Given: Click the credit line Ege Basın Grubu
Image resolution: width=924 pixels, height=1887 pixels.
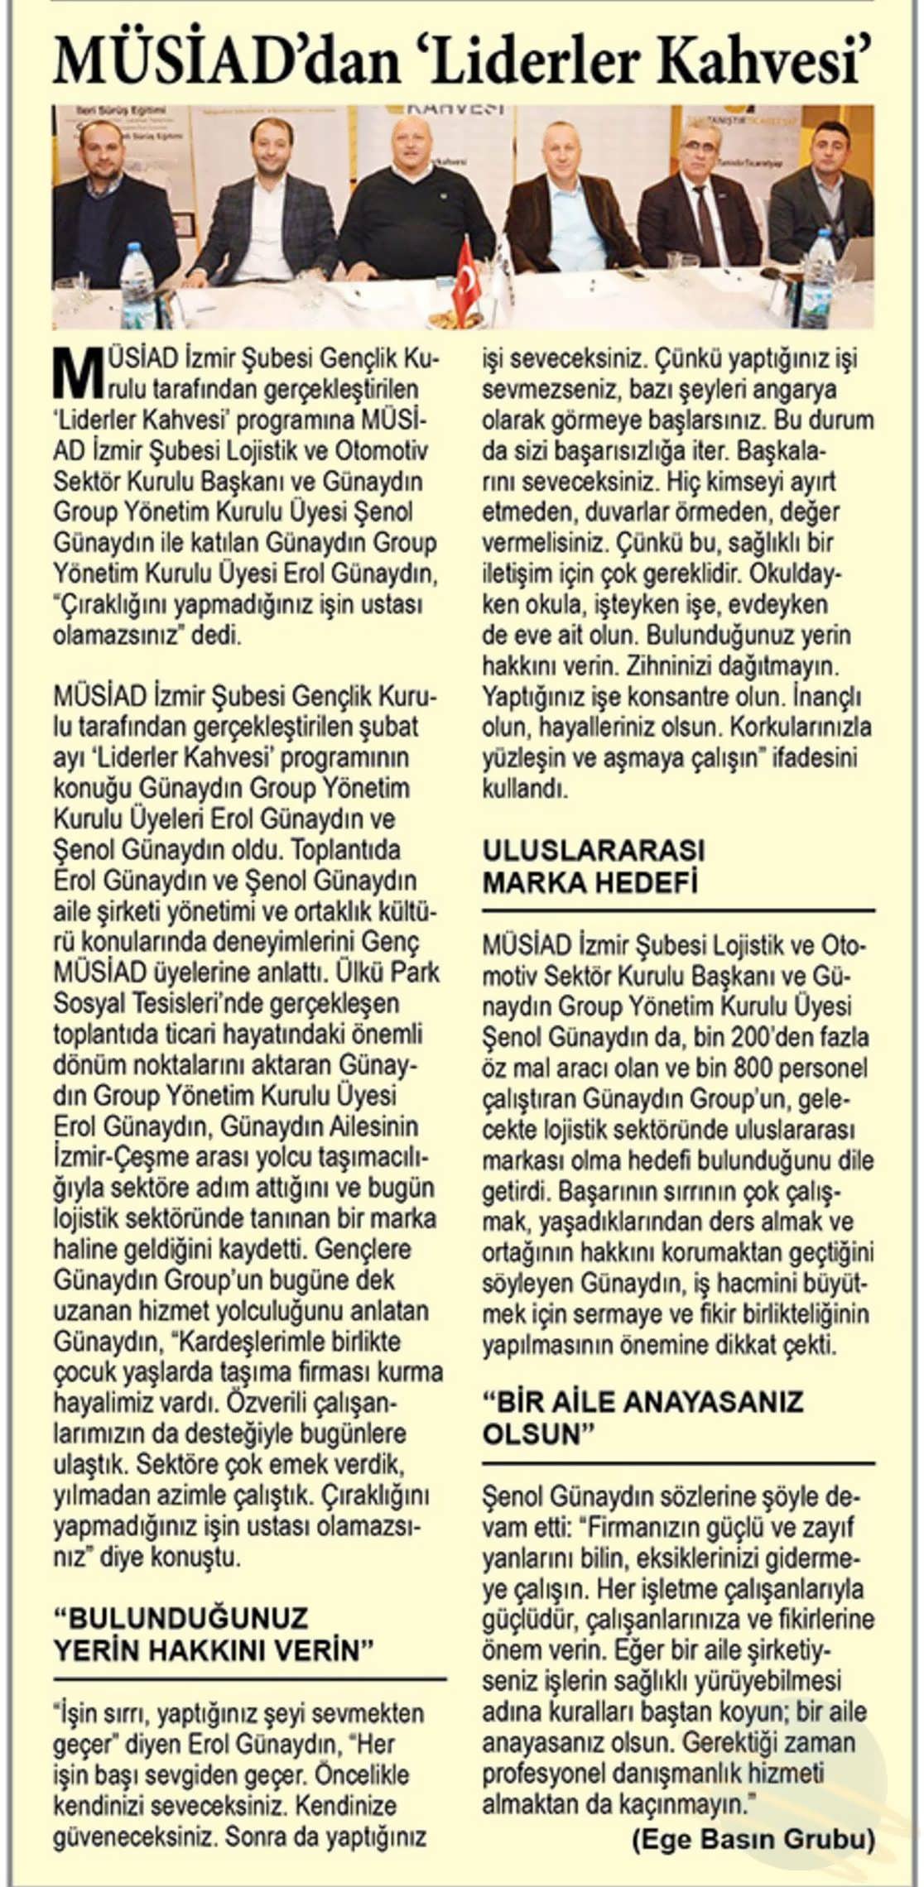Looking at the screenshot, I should click(752, 1839).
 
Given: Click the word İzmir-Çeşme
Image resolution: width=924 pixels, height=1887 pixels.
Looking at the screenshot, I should click(108, 1156).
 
